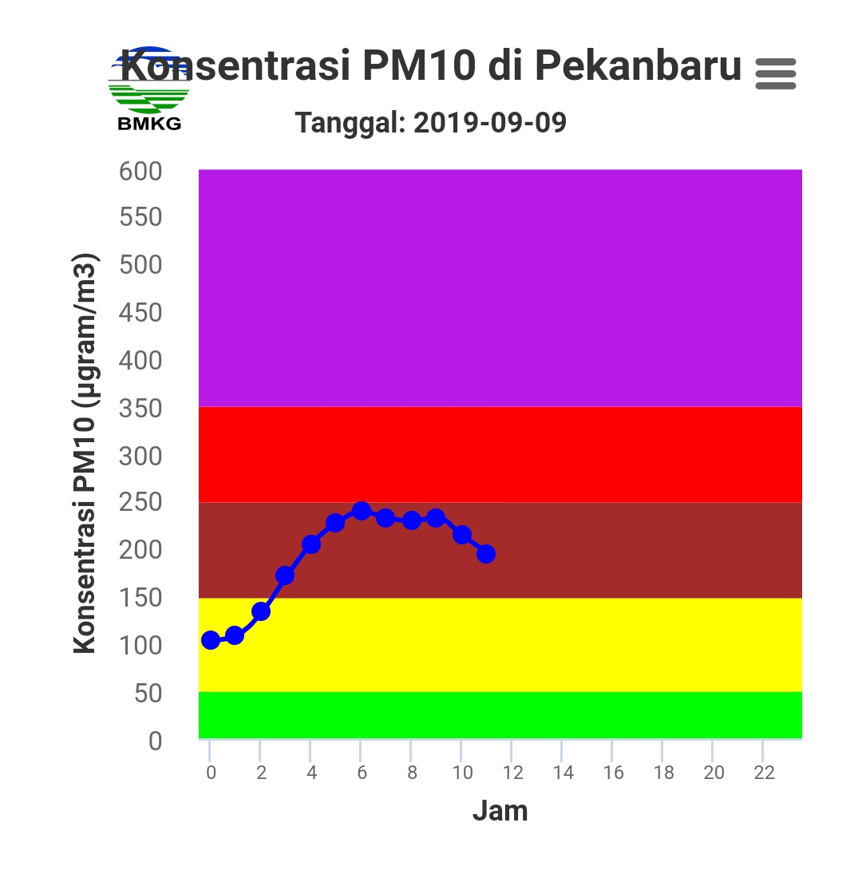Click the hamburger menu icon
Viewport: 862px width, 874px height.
(x=775, y=73)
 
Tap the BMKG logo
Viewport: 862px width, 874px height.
(x=148, y=89)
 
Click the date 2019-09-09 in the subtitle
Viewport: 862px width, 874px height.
(x=490, y=123)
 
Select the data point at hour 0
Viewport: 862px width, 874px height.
(x=210, y=640)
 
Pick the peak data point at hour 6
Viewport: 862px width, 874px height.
(x=361, y=511)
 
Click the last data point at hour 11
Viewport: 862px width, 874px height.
(x=486, y=554)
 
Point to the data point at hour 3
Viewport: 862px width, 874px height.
(x=285, y=575)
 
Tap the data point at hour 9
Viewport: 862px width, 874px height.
(x=436, y=518)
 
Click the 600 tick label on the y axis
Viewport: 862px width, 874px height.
(x=140, y=171)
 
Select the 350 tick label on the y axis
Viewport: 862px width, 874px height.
(x=140, y=409)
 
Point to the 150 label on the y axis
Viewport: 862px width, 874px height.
(x=140, y=598)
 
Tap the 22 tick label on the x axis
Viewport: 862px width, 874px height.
(x=764, y=773)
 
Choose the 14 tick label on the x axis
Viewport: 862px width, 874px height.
(x=563, y=773)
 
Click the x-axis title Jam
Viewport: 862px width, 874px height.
(x=500, y=811)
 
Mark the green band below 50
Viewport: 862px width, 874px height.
(x=500, y=715)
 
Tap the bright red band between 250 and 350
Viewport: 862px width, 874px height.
(x=500, y=454)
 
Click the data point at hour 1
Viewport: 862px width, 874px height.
(x=235, y=635)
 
